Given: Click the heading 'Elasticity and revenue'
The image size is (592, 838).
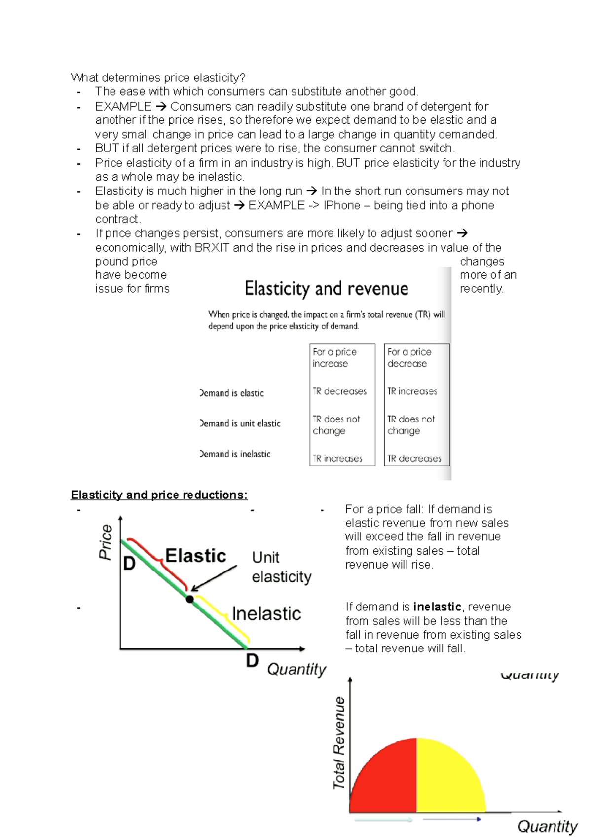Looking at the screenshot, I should pos(326,289).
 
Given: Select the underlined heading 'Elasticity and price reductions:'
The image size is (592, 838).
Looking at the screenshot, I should pos(159,495).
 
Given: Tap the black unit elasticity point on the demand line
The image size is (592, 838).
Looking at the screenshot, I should pos(190,599).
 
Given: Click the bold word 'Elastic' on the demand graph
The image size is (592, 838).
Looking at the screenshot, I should pos(195,556).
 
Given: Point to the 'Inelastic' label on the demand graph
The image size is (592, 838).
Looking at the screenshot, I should pos(266,614).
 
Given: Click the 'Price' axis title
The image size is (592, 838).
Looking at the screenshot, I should pos(106,542).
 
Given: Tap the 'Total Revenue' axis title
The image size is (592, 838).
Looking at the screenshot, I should pos(339,743).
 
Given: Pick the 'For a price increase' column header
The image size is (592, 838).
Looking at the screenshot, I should pos(334,358).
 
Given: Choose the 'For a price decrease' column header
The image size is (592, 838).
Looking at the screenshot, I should pos(409,358).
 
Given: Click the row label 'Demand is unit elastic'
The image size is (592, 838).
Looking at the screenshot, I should pos(240,423).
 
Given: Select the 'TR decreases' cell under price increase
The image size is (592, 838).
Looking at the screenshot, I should pos(339,391).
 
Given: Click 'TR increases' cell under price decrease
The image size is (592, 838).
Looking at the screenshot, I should pos(412,391).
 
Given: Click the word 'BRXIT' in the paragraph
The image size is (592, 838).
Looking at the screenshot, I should pos(212,248).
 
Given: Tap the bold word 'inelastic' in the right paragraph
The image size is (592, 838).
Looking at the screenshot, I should pos(437,607).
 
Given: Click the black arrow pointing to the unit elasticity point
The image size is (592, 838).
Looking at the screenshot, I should pos(214,578).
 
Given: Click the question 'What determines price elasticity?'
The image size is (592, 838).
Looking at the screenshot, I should pos(158,77).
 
